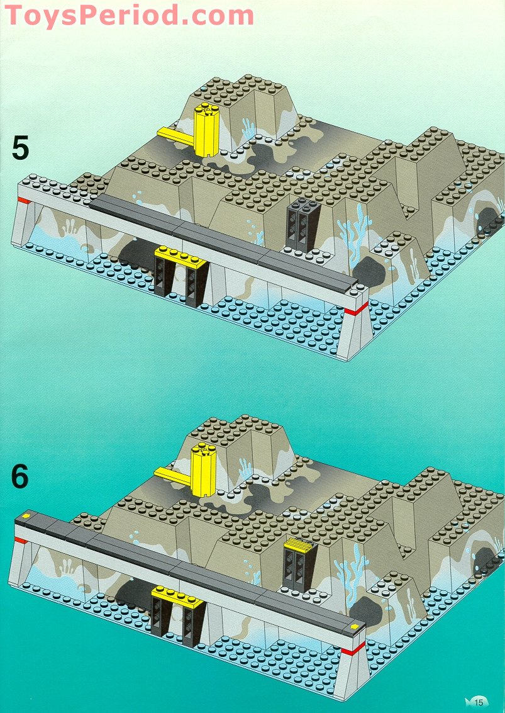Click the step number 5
point(20,149)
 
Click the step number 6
point(20,476)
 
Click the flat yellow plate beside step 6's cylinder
point(172,476)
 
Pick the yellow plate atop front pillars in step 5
point(182,255)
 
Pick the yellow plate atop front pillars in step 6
point(177,593)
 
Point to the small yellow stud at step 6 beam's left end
point(26,517)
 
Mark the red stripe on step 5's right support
point(357,308)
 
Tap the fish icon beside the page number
point(469,701)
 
